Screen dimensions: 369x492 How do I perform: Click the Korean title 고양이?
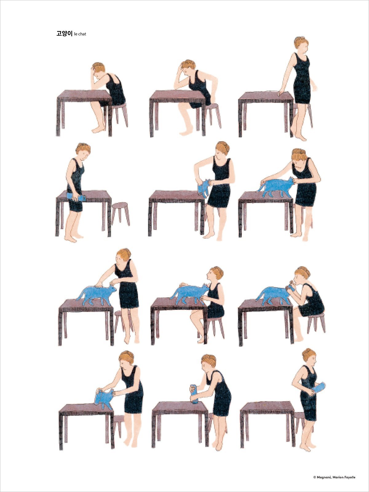point(64,34)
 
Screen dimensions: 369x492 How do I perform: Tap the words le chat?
point(80,34)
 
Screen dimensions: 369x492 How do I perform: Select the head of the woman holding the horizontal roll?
point(83,150)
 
